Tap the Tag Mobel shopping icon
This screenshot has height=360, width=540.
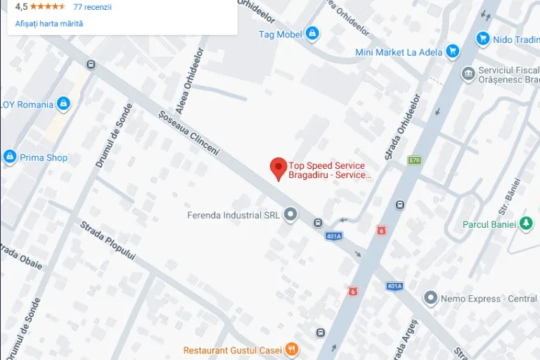coord(312,34)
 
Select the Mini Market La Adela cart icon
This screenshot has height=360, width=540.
coord(452,51)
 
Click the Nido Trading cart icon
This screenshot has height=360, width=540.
coord(482,39)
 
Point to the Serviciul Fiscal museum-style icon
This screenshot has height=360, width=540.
coord(468,74)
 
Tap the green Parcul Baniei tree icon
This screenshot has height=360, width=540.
coord(526,224)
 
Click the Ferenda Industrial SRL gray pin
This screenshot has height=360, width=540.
coord(290,215)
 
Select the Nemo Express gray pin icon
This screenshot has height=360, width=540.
coord(430,299)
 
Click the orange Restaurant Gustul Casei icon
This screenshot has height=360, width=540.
coord(292,349)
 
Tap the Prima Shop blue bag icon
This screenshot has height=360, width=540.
coord(10,157)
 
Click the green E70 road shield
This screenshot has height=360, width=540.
coord(414,160)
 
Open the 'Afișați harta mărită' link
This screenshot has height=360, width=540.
coord(49,23)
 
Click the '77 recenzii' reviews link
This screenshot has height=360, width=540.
coord(92,7)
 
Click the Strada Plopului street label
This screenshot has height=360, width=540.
coord(107,240)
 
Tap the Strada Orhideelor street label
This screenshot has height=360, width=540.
coord(402,127)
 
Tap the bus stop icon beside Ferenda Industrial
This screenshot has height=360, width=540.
coord(318,223)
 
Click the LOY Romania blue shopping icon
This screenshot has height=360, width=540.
coord(63,104)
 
